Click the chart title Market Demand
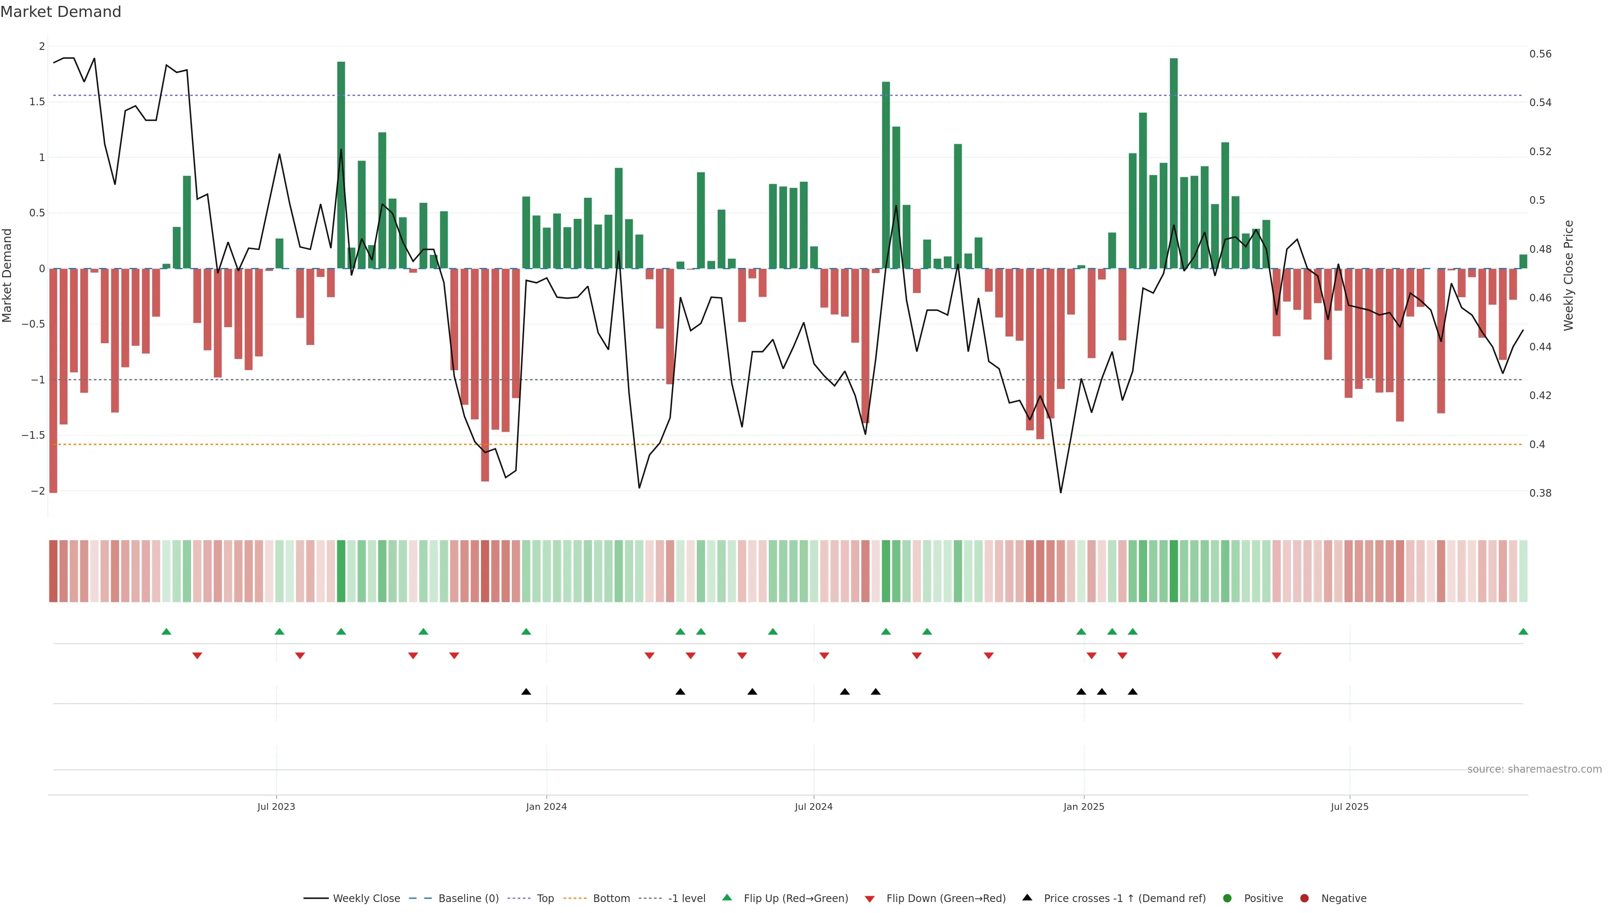pos(60,12)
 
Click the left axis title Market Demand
pos(8,275)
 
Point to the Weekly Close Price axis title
pos(1568,275)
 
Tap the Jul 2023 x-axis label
pos(276,806)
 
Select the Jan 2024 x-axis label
pos(546,806)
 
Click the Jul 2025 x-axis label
pos(1350,806)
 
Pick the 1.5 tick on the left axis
pos(37,102)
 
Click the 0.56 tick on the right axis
pos(1541,54)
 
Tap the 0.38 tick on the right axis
pos(1541,493)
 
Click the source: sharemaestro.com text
pos(1534,769)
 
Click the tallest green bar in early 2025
pos(1174,164)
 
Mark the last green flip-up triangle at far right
pos(1523,631)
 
